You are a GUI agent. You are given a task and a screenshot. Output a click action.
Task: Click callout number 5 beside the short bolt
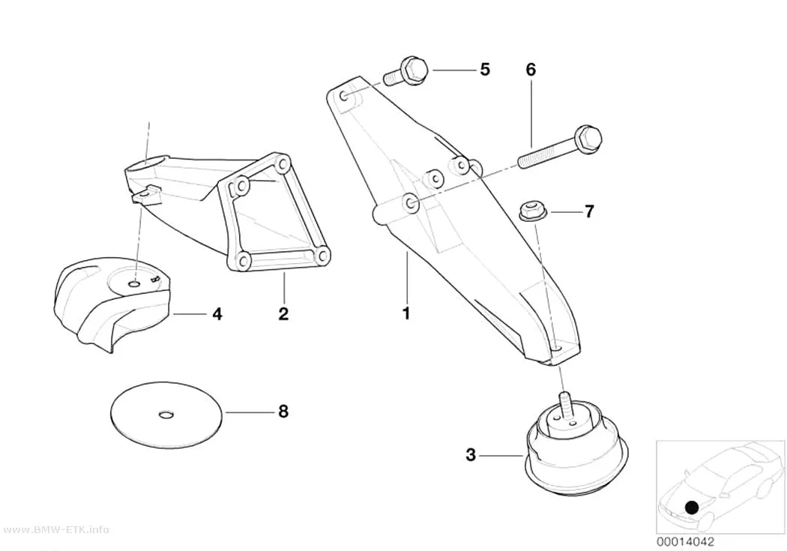click(x=484, y=69)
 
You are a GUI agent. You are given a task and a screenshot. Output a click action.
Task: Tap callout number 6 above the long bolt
click(x=531, y=69)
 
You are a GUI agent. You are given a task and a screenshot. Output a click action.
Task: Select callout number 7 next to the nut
click(x=589, y=211)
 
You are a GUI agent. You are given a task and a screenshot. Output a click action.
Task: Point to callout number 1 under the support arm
click(x=406, y=313)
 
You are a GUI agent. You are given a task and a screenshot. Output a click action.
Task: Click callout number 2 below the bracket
click(x=283, y=314)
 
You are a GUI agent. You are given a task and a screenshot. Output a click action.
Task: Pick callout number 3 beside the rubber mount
click(x=470, y=454)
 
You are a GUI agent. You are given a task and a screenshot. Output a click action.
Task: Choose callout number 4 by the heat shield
click(x=217, y=314)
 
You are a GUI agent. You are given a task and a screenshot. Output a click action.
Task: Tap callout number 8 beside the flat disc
click(x=283, y=412)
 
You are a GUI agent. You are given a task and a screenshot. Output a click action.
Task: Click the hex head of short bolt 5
click(x=414, y=70)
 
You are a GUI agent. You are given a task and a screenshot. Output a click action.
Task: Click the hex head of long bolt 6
click(x=588, y=138)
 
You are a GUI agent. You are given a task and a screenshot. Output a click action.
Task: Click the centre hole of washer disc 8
click(x=166, y=414)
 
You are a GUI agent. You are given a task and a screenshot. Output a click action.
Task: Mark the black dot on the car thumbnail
click(x=692, y=508)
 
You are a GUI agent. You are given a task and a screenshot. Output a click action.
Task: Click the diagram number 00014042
click(x=685, y=542)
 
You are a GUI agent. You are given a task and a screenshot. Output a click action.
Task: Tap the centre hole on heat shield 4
click(x=134, y=285)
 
